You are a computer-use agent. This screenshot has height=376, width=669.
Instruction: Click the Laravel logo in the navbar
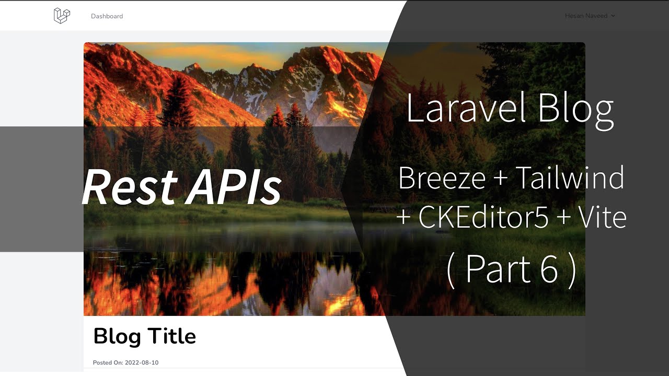point(62,16)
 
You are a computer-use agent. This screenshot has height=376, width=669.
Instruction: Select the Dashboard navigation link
point(107,16)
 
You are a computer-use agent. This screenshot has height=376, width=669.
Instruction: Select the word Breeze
point(441,178)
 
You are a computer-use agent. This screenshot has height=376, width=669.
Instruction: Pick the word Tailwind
point(569,178)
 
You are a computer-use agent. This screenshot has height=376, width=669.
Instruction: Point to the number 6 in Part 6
point(548,269)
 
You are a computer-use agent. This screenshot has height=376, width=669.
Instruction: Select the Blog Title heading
point(144,336)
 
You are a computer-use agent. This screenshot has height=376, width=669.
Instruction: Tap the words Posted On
point(107,362)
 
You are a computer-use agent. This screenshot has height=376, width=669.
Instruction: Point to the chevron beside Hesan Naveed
point(613,16)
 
